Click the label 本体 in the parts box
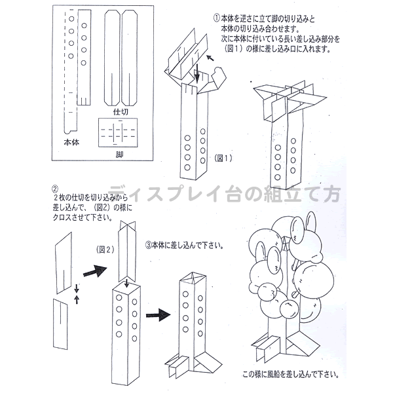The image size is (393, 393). (x=71, y=141)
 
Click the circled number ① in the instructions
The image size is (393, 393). (x=216, y=17)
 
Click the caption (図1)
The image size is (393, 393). (x=223, y=159)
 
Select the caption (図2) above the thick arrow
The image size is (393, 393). (x=106, y=250)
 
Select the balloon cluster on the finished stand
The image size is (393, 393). (x=288, y=269)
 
